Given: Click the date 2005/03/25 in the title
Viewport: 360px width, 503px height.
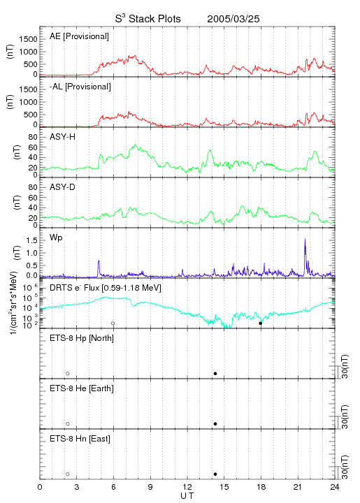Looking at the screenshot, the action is pyautogui.click(x=233, y=19).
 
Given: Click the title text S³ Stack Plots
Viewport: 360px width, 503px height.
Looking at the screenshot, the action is pyautogui.click(x=148, y=19).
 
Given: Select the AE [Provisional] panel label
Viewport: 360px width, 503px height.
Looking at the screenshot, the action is pyautogui.click(x=79, y=36).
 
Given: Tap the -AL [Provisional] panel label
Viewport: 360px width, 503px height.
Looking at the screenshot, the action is pyautogui.click(x=80, y=87).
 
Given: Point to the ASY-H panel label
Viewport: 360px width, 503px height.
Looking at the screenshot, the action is pyautogui.click(x=63, y=137).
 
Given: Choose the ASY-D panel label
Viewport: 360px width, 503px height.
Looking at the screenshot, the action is pyautogui.click(x=63, y=187).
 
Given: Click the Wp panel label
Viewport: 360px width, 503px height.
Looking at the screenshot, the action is pyautogui.click(x=56, y=238).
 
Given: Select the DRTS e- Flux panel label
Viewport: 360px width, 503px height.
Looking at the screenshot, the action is pyautogui.click(x=106, y=288).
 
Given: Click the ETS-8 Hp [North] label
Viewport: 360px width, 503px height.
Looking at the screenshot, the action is pyautogui.click(x=82, y=338).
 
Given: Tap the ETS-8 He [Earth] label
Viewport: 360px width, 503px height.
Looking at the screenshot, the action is pyautogui.click(x=82, y=388).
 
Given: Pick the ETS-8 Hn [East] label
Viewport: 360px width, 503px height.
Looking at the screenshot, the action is pyautogui.click(x=80, y=439).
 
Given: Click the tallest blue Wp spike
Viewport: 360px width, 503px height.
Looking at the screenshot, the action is pyautogui.click(x=305, y=240).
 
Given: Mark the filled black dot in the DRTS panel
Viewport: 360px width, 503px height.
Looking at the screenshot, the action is pyautogui.click(x=261, y=323).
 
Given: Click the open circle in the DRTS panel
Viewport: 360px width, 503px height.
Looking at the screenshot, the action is pyautogui.click(x=113, y=323).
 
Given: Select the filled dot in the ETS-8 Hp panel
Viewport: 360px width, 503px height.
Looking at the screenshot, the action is pyautogui.click(x=215, y=373).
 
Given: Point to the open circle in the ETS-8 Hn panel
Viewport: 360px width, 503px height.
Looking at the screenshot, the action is pyautogui.click(x=68, y=474).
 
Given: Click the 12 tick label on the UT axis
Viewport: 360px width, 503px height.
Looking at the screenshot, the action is pyautogui.click(x=187, y=487).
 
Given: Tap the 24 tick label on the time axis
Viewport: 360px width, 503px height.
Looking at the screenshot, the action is pyautogui.click(x=335, y=487).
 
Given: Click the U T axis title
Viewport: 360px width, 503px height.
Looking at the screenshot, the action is pyautogui.click(x=187, y=496).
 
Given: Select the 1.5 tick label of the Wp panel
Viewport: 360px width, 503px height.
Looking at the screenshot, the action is pyautogui.click(x=31, y=240).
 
